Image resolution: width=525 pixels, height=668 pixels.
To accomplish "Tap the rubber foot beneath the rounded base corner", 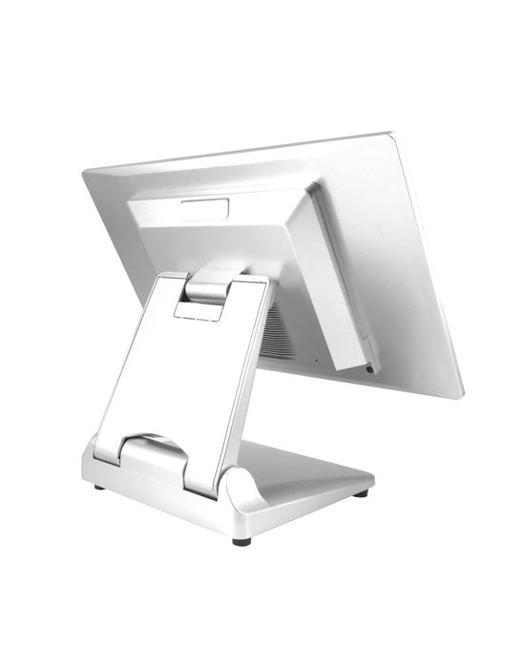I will pos(241,540).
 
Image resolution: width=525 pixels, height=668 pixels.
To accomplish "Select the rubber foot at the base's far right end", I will pos(362,493).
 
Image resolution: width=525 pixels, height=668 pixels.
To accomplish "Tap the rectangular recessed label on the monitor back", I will pos(208,207).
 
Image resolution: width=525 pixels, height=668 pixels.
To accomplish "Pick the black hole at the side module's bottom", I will pos(367,366).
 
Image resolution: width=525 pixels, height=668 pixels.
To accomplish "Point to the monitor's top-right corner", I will pos(394,134).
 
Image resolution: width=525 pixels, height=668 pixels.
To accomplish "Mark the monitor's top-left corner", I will pos(86,173).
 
